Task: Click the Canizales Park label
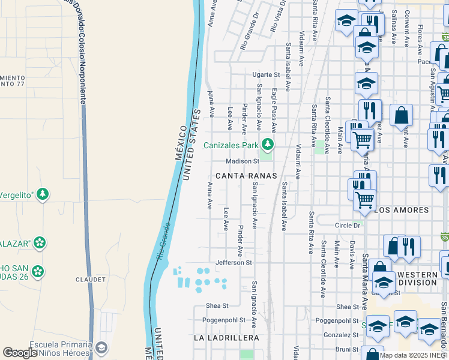(x=231, y=145)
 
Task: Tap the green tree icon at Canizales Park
(x=268, y=145)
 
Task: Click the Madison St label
(x=242, y=161)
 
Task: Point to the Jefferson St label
(x=233, y=263)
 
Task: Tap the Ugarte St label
(x=266, y=75)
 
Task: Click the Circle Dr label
(x=348, y=225)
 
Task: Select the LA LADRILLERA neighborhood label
(x=226, y=338)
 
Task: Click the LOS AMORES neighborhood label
(x=402, y=211)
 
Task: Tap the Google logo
(x=20, y=353)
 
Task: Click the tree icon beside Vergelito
(x=42, y=194)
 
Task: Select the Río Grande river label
(x=163, y=240)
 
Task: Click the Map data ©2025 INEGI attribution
(x=414, y=355)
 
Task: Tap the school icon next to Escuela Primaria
(x=101, y=347)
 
